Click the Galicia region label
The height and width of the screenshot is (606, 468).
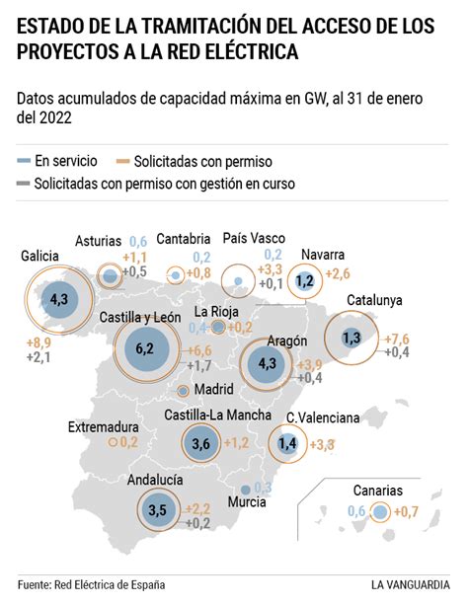pyautogui.click(x=40, y=256)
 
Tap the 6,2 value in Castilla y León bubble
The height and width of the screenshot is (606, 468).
pyautogui.click(x=145, y=348)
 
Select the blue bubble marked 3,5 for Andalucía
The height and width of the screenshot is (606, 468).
pyautogui.click(x=157, y=510)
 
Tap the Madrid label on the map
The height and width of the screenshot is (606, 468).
pyautogui.click(x=213, y=389)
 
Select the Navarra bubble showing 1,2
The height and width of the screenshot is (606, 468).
pyautogui.click(x=305, y=281)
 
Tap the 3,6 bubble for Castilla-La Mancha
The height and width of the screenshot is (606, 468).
pyautogui.click(x=201, y=444)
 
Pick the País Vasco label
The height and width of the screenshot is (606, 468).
pyautogui.click(x=254, y=238)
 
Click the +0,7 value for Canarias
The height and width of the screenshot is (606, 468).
pyautogui.click(x=407, y=510)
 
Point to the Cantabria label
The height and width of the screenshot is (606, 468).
pyautogui.click(x=183, y=238)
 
